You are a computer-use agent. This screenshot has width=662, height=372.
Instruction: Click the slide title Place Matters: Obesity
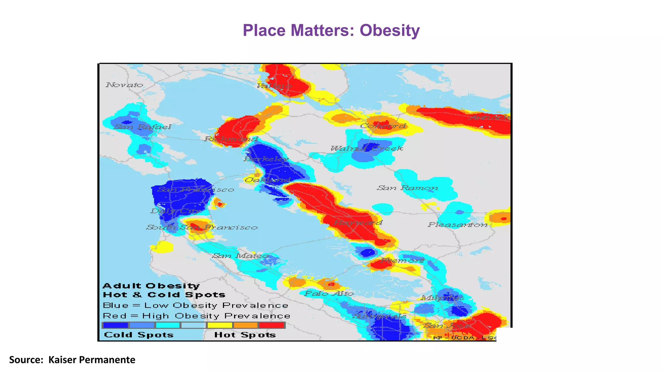click(331, 31)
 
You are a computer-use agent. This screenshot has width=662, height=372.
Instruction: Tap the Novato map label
click(124, 85)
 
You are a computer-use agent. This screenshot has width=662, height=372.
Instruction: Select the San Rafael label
click(143, 127)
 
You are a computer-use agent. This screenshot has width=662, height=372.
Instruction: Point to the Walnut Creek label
click(367, 149)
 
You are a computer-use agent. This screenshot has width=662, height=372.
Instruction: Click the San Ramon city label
click(407, 188)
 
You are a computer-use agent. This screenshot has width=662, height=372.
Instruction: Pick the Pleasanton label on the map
click(458, 225)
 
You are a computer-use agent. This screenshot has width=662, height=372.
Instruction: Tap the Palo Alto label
click(329, 294)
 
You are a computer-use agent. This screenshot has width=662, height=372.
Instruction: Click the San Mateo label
click(240, 256)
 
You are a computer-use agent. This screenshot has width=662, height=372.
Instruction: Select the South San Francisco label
click(202, 227)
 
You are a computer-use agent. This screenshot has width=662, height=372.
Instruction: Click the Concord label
click(383, 126)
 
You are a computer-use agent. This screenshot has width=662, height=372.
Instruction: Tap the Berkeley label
click(266, 159)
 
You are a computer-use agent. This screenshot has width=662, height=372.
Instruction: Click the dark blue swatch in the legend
click(115, 325)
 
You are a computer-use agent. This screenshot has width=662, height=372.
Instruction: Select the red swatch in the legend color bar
click(272, 325)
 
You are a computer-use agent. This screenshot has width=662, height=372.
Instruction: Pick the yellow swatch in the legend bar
click(220, 325)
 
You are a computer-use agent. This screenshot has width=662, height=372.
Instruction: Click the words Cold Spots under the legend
click(139, 335)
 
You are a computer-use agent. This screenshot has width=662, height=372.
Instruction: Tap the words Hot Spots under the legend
click(245, 335)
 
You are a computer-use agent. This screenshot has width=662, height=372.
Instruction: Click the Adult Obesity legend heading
click(151, 286)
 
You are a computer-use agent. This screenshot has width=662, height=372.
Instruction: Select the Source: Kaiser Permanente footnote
click(72, 360)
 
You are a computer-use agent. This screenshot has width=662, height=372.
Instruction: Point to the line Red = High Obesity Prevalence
click(196, 316)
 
